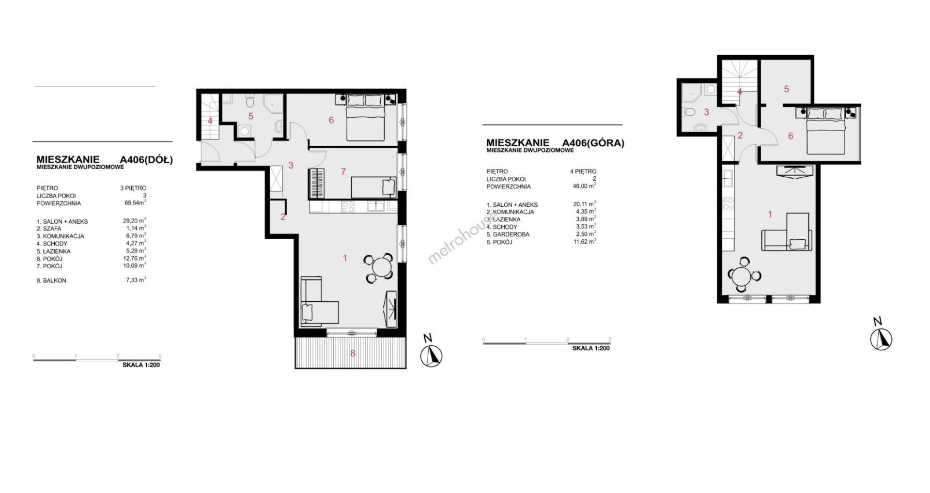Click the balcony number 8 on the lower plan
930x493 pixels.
pyautogui.click(x=353, y=354)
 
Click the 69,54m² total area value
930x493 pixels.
pyautogui.click(x=136, y=203)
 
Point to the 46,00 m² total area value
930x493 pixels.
pyautogui.click(x=585, y=186)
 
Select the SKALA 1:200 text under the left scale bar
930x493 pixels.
pyautogui.click(x=141, y=365)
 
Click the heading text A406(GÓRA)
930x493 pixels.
pyautogui.click(x=593, y=143)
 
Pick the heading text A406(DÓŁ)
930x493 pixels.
pyautogui.click(x=146, y=160)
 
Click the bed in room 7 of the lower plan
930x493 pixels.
pyautogui.click(x=373, y=187)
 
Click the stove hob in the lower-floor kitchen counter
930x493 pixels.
pyautogui.click(x=348, y=207)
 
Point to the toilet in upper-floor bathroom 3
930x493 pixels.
pyautogui.click(x=690, y=112)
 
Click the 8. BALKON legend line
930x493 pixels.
pyautogui.click(x=51, y=280)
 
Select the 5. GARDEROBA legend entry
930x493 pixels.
pyautogui.click(x=508, y=234)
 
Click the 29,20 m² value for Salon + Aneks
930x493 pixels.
pyautogui.click(x=135, y=221)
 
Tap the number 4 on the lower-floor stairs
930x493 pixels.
pyautogui.click(x=210, y=121)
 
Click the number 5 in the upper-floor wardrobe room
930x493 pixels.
pyautogui.click(x=786, y=89)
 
